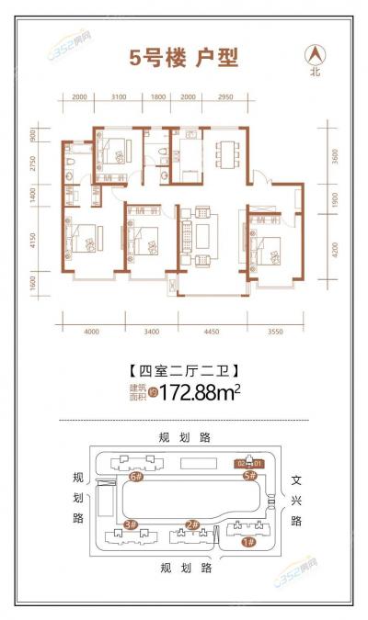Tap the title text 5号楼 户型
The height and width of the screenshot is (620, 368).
[183, 58]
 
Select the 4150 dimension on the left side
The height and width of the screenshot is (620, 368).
[32, 242]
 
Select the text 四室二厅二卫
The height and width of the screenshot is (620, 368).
[183, 371]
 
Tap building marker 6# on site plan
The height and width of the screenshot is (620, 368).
[136, 477]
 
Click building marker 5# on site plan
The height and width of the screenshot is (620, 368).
[248, 477]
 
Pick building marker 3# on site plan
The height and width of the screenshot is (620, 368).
[130, 524]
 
